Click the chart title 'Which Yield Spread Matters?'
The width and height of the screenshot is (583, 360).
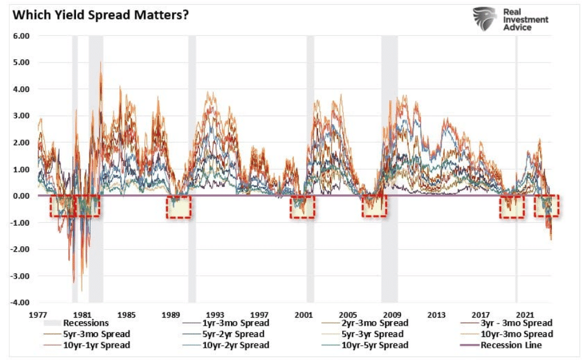(x=100, y=15)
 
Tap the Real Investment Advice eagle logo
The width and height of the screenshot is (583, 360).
(x=484, y=19)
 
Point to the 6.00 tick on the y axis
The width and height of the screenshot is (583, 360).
(x=21, y=36)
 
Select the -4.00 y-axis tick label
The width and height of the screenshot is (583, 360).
(x=19, y=303)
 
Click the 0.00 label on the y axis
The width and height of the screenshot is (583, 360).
(x=21, y=196)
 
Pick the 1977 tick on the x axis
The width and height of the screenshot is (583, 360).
(x=38, y=315)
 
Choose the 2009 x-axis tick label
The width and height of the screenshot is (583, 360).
(x=392, y=315)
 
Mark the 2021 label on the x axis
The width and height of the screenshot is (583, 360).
(x=525, y=315)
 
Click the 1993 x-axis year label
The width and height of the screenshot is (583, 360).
(x=215, y=315)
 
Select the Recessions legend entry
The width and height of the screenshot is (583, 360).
(x=76, y=323)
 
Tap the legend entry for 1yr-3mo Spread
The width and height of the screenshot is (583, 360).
(x=226, y=323)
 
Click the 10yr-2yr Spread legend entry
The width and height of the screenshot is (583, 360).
(x=226, y=345)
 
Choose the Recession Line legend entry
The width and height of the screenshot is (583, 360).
(x=501, y=345)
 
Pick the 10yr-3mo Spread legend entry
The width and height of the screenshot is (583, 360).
(x=506, y=334)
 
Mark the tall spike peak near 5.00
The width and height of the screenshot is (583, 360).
(x=101, y=62)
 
